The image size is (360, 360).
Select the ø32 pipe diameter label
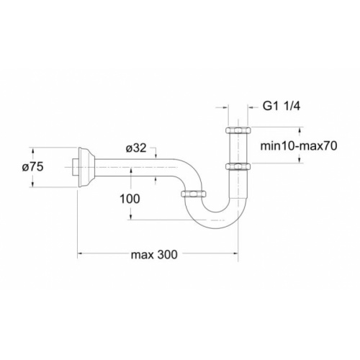tap(136, 149)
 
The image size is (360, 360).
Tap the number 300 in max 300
tap(167, 255)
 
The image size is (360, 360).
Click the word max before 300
tap(143, 255)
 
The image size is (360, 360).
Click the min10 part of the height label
tap(278, 145)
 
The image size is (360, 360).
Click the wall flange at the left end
tap(84, 168)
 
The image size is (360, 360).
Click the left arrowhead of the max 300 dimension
tap(81, 254)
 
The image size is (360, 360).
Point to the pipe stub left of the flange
tap(74, 168)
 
